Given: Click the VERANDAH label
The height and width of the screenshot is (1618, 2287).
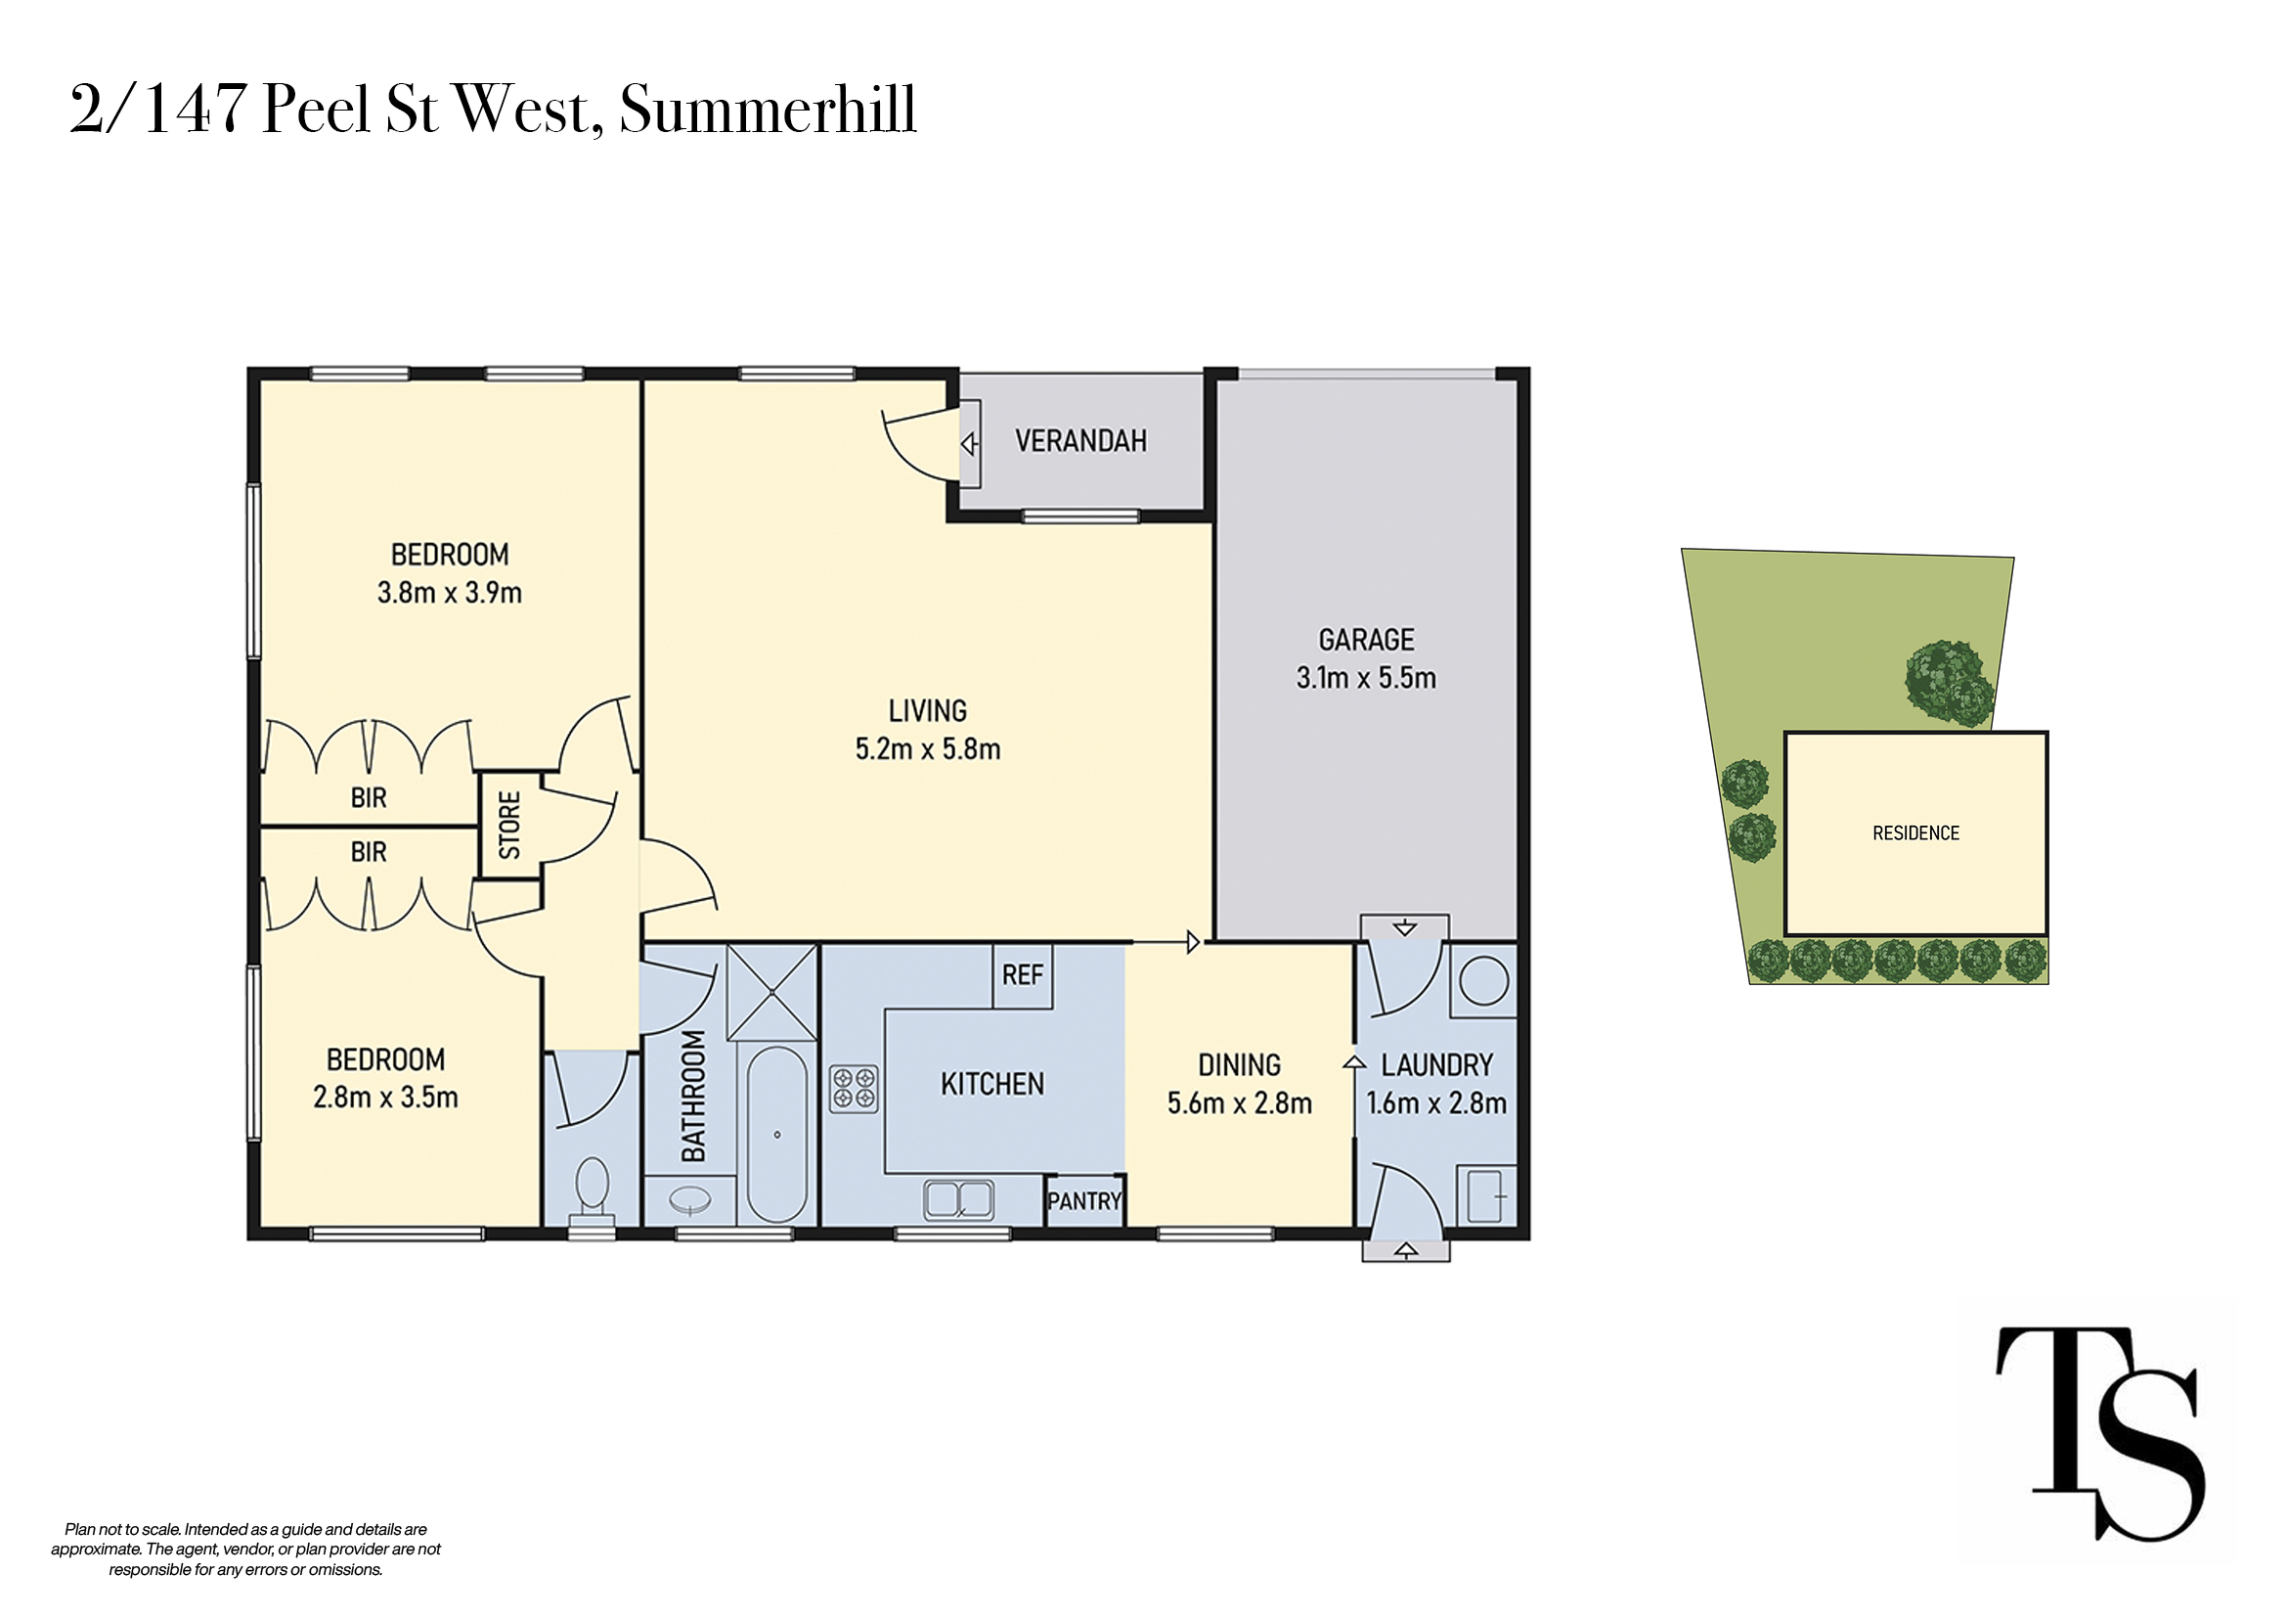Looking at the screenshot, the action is click(1080, 440).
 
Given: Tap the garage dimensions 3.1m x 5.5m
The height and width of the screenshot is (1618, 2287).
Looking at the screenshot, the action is click(1366, 678).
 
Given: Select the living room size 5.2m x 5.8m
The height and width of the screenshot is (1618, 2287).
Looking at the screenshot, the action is click(927, 749).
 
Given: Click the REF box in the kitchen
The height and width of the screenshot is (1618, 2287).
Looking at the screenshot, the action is click(1023, 975).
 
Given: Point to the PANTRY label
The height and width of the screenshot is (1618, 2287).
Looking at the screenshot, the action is click(1084, 1200).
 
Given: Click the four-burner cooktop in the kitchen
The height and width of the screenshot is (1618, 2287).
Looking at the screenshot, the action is click(854, 1088).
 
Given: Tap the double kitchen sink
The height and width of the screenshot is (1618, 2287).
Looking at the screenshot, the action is click(958, 1199).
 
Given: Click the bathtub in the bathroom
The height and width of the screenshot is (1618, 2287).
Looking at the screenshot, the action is click(777, 1134).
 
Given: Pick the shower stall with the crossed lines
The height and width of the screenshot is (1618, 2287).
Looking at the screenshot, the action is click(772, 992).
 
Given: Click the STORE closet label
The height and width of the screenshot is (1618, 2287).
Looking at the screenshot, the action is click(509, 825).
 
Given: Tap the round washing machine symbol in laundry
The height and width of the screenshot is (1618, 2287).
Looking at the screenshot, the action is click(1484, 980).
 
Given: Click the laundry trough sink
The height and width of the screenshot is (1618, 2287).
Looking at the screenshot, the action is click(1486, 1195).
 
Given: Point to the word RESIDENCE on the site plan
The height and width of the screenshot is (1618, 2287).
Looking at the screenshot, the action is click(1915, 832).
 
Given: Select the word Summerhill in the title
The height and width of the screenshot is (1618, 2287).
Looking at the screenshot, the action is click(767, 109).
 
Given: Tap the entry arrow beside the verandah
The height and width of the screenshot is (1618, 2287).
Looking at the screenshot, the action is click(968, 443).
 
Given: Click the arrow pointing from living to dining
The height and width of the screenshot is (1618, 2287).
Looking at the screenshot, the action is click(1166, 941).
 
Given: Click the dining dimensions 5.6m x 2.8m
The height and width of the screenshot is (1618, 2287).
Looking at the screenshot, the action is click(1239, 1102).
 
